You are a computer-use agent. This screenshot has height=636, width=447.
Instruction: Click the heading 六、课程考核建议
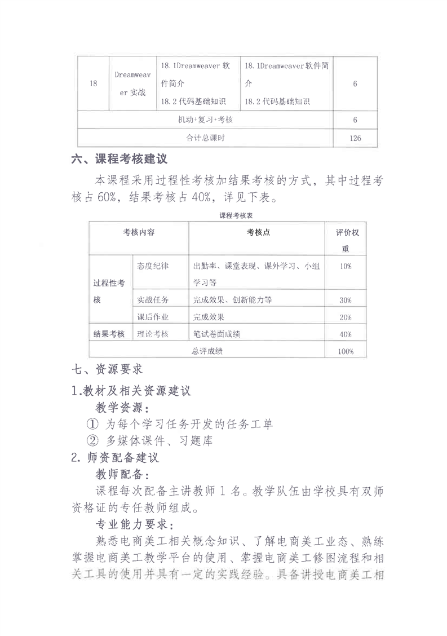[119, 159]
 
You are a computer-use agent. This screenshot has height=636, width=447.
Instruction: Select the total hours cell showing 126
[355, 138]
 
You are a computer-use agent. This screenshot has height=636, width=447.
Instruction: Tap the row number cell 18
[93, 84]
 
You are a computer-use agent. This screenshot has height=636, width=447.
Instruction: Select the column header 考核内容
[139, 233]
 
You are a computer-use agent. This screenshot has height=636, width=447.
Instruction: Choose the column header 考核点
[258, 233]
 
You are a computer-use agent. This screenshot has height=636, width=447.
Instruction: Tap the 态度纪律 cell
[153, 266]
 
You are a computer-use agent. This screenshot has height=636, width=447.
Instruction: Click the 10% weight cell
[346, 266]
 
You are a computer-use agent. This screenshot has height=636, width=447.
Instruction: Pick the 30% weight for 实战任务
[346, 300]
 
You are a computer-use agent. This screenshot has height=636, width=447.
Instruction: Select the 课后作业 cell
[153, 317]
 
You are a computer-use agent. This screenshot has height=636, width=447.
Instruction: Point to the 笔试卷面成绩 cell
[217, 334]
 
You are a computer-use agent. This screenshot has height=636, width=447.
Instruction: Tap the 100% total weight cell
[345, 351]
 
